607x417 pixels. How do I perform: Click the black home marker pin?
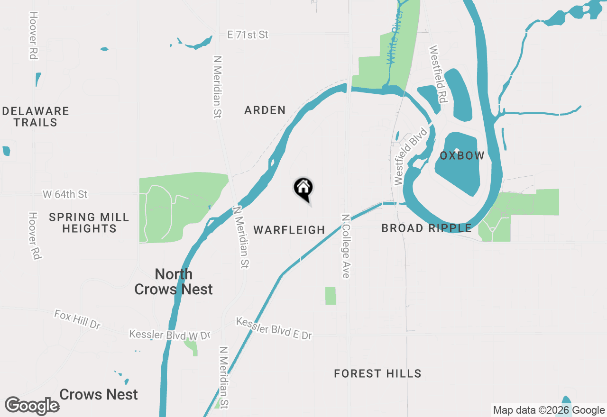point(303,189)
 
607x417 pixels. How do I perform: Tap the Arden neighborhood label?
point(265,110)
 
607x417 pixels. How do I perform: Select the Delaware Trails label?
point(36,117)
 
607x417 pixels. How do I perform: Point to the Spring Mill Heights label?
point(89,223)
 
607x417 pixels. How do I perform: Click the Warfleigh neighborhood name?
point(289,230)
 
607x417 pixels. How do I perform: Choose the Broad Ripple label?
point(426,228)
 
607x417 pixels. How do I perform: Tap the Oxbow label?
point(462,155)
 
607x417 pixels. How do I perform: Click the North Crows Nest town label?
point(174,281)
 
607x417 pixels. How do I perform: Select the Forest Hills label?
point(377,373)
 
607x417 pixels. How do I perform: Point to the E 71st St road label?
point(248,35)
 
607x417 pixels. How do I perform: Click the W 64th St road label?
point(65,194)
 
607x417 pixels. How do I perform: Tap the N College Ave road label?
point(346,246)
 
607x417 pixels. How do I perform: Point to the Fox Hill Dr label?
point(77,320)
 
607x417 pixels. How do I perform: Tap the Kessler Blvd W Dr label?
point(169,335)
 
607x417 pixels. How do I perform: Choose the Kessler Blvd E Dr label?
point(274,328)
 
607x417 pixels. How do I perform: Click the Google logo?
point(32,406)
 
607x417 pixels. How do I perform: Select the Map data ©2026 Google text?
point(549,410)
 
